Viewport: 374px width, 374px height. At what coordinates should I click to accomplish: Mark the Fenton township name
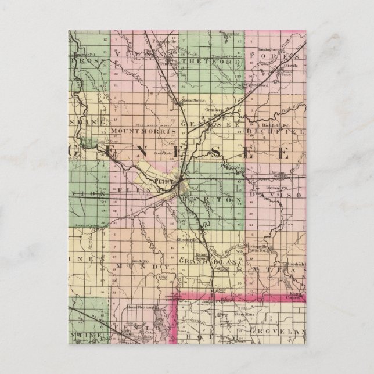click(141, 329)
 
